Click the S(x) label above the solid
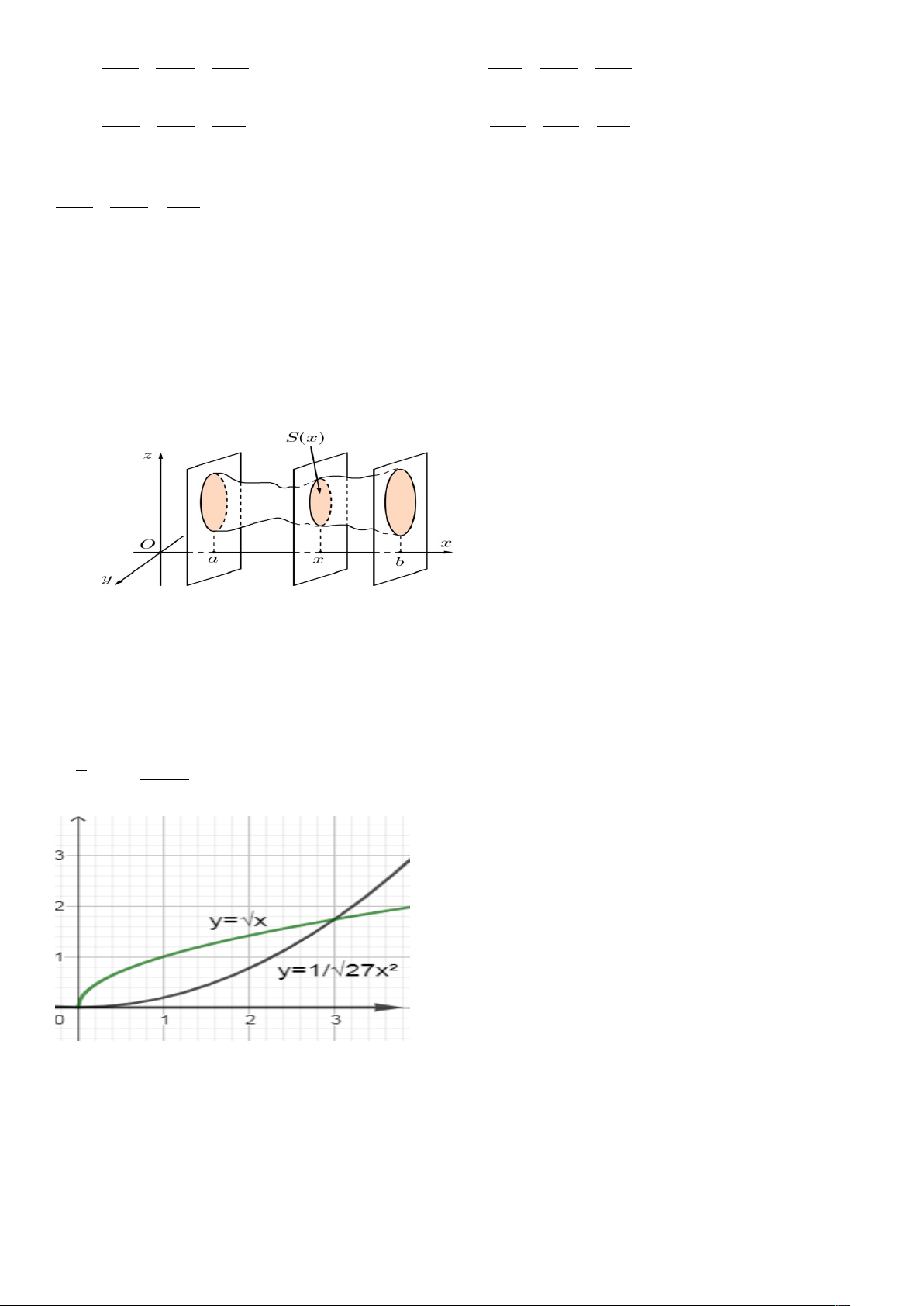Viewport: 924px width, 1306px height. point(305,437)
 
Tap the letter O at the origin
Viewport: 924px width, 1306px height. point(147,544)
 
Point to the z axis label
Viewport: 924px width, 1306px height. point(147,455)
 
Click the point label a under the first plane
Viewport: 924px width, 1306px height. point(213,559)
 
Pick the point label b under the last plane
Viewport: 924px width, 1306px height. point(399,561)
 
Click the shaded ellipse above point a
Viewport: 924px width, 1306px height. point(214,502)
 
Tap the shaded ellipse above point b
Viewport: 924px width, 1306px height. point(401,502)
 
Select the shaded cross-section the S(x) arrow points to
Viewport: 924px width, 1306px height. point(320,502)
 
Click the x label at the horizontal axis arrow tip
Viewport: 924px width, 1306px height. point(446,543)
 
